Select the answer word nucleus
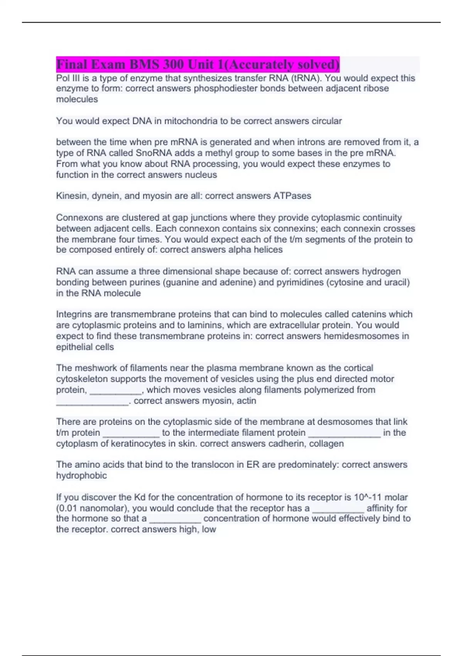tap(201, 175)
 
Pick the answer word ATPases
tap(292, 196)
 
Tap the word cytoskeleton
tap(82, 379)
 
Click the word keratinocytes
tap(138, 443)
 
